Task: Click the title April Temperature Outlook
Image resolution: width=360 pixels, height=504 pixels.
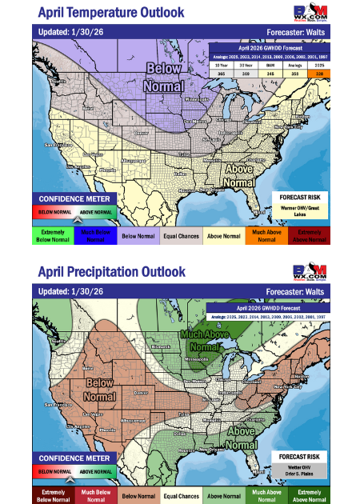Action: (x=110, y=13)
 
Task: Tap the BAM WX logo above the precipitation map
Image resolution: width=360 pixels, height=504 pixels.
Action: (x=312, y=271)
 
